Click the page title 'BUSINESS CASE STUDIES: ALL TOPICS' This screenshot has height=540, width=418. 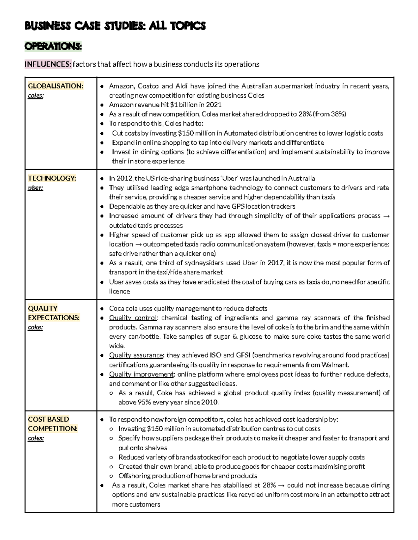pos(115,26)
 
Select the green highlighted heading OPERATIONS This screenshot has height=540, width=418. pos(53,47)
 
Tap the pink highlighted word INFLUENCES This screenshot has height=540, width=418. pos(48,64)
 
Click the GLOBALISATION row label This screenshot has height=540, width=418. pos(55,86)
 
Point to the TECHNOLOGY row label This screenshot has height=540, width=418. pos(52,178)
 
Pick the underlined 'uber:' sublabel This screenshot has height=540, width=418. pos(35,188)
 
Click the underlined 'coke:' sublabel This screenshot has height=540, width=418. pos(35,327)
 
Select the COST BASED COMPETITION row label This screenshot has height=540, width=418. pos(53,424)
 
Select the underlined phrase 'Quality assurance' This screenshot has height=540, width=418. pos(136,355)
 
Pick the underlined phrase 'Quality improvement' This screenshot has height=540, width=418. pos(141,374)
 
